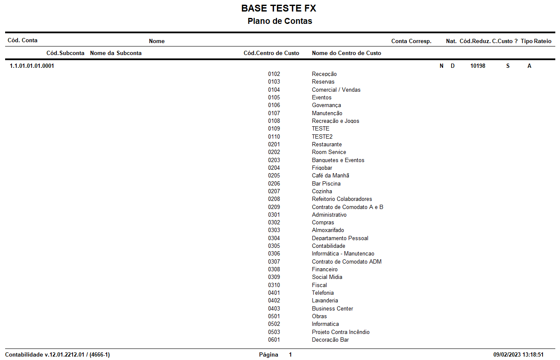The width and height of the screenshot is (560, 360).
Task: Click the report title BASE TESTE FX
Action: click(279, 9)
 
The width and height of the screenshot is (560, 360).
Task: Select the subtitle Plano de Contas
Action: click(280, 21)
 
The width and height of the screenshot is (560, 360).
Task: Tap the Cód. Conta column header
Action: click(23, 41)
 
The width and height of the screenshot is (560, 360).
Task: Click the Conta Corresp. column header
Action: click(411, 41)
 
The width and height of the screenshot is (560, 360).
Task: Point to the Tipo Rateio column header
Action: click(536, 41)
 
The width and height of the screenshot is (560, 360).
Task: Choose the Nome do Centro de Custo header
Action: click(347, 53)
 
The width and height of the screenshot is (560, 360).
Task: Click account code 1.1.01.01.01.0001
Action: click(32, 66)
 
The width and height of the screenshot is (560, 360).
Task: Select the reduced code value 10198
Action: click(478, 66)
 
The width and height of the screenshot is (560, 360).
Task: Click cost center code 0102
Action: click(274, 74)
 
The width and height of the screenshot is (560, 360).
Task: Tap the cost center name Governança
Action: click(326, 105)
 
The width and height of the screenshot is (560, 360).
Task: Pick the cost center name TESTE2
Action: click(322, 137)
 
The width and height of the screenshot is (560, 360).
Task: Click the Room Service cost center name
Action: click(329, 152)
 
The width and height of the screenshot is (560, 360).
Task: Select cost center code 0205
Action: click(274, 176)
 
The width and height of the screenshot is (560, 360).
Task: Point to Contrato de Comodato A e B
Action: click(347, 207)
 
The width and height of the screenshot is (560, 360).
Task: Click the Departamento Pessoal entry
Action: click(340, 238)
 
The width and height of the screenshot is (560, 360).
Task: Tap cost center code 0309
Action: click(274, 277)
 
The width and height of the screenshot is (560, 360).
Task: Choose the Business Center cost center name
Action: click(332, 309)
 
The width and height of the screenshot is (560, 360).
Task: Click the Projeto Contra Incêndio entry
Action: click(341, 332)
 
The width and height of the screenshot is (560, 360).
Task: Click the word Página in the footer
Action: click(268, 355)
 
